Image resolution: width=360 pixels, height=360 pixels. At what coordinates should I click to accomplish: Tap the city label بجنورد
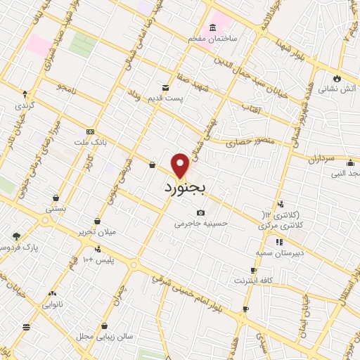pyautogui.click(x=186, y=188)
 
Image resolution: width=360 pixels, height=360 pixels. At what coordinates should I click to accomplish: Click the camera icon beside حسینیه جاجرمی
pyautogui.click(x=200, y=212)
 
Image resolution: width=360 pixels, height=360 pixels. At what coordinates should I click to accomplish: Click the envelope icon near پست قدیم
pyautogui.click(x=165, y=88)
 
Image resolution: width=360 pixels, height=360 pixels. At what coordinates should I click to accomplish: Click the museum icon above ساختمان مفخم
pyautogui.click(x=212, y=26)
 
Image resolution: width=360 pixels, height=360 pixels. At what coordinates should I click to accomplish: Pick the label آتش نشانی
pyautogui.click(x=338, y=89)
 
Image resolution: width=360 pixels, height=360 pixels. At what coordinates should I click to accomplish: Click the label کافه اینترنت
pyautogui.click(x=255, y=281)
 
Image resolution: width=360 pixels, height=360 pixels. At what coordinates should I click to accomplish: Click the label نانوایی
pyautogui.click(x=53, y=305)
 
